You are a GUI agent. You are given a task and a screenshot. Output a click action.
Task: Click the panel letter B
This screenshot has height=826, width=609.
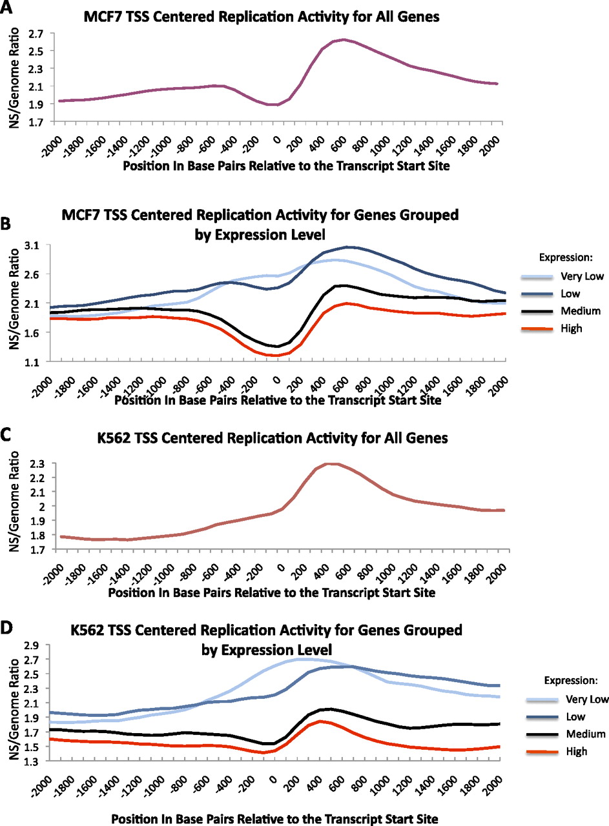point(7,224)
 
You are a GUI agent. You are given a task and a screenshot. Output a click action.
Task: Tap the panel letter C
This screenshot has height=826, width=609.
point(7,438)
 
